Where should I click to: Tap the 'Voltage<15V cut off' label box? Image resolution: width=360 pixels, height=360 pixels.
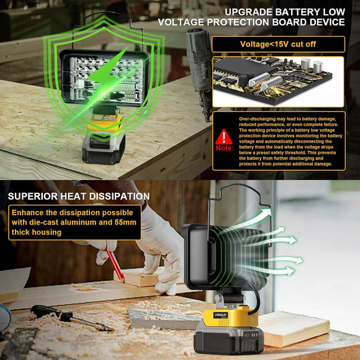click(x=278, y=44)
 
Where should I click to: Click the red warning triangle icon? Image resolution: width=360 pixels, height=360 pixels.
click(x=224, y=136)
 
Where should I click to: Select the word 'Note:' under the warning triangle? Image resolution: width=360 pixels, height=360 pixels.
click(x=225, y=150)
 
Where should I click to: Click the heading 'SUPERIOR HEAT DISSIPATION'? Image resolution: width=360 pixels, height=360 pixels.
click(x=79, y=197)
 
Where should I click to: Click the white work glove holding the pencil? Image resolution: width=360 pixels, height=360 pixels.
click(x=158, y=248)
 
